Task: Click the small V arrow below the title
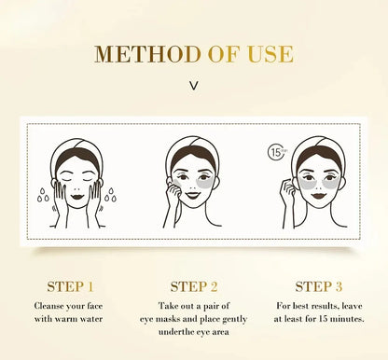click(x=194, y=85)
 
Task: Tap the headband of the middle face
click(x=193, y=146)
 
